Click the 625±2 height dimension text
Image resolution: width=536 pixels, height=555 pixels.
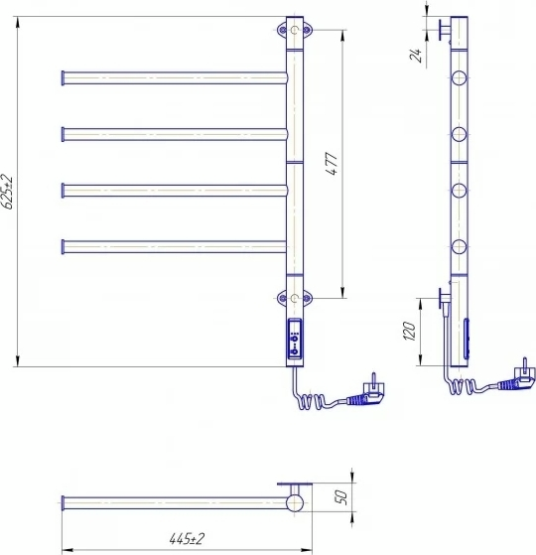click(x=7, y=192)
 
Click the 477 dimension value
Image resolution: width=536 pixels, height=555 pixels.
click(x=332, y=164)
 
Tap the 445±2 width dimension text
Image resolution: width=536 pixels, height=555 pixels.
click(x=187, y=539)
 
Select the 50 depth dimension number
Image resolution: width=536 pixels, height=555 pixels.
click(x=341, y=497)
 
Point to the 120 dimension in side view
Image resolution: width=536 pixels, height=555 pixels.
click(x=409, y=332)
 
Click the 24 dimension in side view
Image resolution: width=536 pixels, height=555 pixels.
click(x=417, y=56)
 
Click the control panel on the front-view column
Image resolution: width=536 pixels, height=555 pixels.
click(x=295, y=339)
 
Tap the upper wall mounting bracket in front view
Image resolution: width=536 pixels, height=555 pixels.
click(x=295, y=30)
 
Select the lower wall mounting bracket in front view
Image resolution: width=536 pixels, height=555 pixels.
click(x=295, y=298)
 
